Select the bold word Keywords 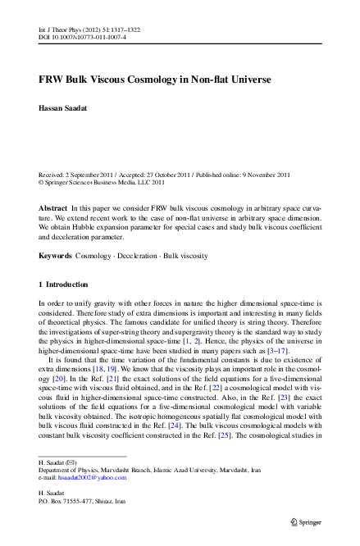55,257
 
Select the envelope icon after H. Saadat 71,463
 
